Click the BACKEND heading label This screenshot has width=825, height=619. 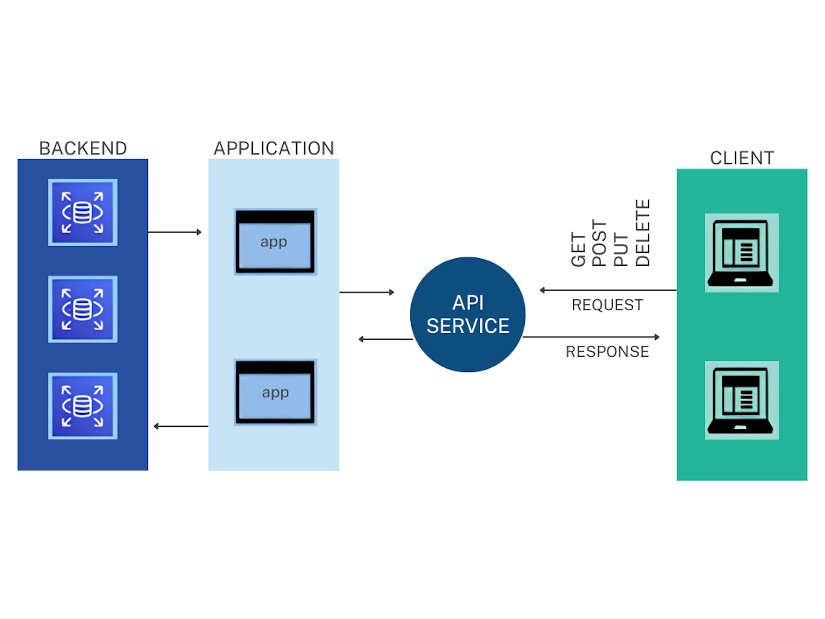[83, 148]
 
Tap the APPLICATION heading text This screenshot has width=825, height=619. [274, 148]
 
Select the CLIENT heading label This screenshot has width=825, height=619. [742, 158]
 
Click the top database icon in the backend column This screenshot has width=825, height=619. [82, 212]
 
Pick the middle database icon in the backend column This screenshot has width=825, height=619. [82, 309]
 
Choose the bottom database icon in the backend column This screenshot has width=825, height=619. [82, 406]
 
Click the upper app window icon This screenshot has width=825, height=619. [275, 242]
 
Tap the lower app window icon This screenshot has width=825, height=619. [275, 392]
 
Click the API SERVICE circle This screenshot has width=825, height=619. [467, 315]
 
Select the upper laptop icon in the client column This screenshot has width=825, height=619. [741, 253]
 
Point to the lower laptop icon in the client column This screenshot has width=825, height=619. [741, 400]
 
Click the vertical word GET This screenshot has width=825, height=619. [578, 250]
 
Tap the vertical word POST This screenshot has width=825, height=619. [599, 243]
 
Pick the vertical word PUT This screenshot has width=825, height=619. [620, 250]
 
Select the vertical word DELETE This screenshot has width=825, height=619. [642, 233]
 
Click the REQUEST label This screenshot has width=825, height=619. [607, 305]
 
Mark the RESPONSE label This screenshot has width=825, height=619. [607, 352]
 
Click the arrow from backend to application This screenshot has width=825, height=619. [174, 232]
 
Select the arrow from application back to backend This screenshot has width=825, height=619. [181, 426]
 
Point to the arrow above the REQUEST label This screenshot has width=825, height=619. [608, 290]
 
